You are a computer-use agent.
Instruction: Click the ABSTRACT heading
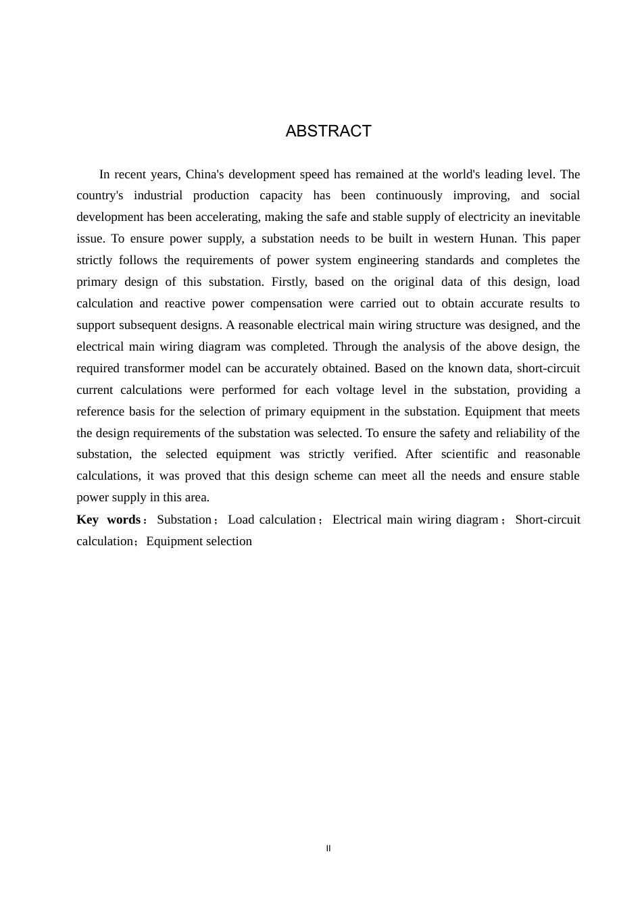(x=328, y=131)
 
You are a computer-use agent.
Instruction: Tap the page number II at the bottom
(x=328, y=849)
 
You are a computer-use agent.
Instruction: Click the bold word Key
(x=87, y=520)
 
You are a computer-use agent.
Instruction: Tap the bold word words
(x=124, y=520)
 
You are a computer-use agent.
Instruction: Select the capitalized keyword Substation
(x=184, y=520)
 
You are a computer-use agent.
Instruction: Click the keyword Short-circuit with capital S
(x=547, y=520)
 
